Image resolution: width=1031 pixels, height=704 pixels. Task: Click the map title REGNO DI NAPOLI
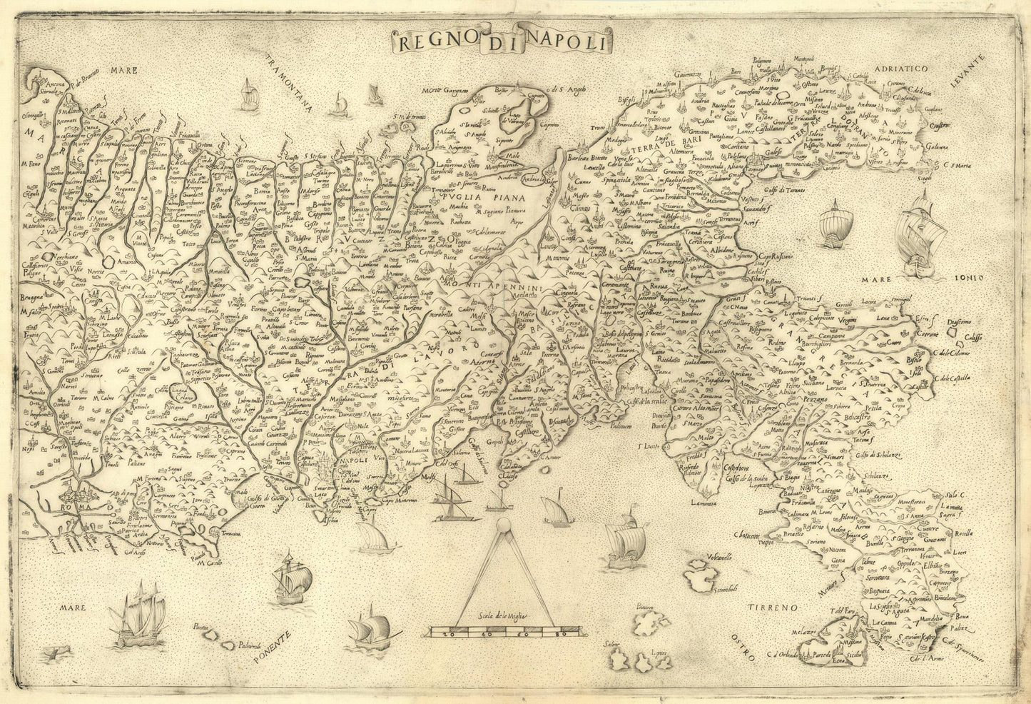tap(502, 41)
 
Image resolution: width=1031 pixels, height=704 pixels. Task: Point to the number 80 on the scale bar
tap(561, 633)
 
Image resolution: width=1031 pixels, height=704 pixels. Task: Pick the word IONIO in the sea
tap(967, 279)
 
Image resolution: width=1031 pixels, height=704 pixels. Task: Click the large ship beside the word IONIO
tap(920, 232)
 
